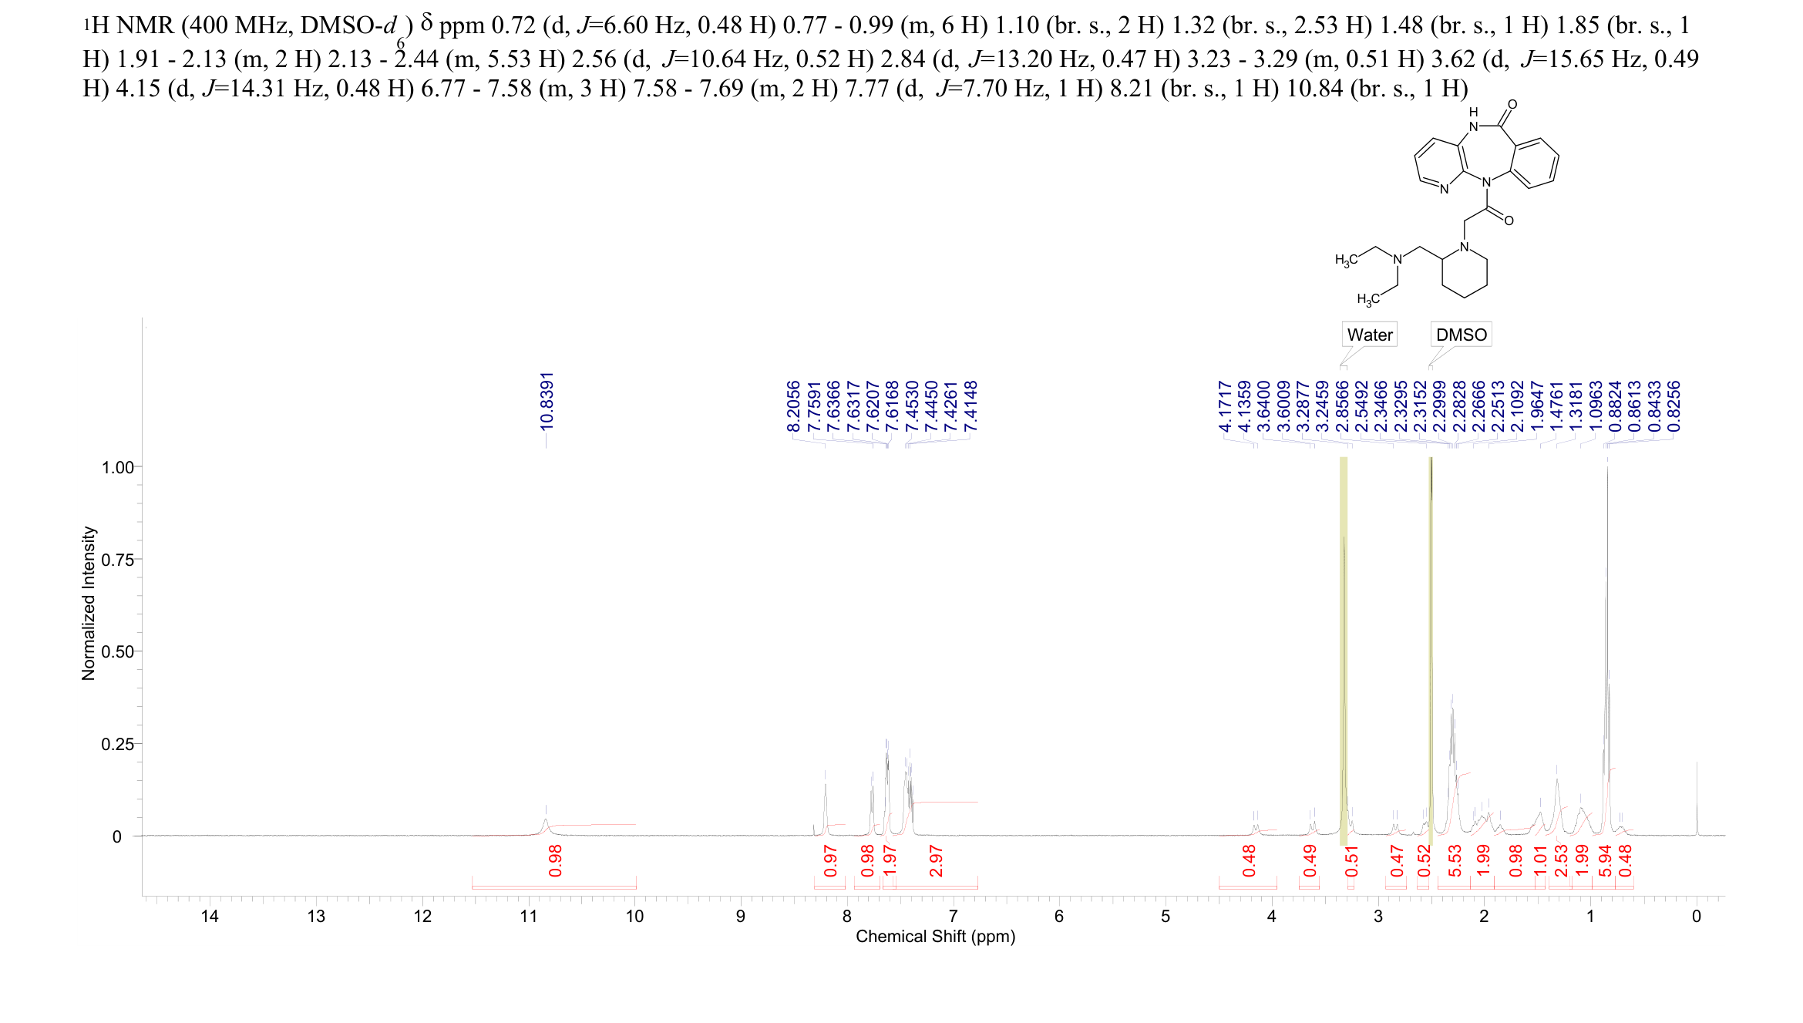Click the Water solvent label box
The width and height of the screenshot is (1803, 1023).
click(x=1369, y=335)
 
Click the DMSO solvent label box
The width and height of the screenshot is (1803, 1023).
click(x=1461, y=335)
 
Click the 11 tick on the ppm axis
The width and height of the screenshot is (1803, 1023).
click(x=528, y=916)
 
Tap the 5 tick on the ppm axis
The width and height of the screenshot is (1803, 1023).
click(x=1165, y=916)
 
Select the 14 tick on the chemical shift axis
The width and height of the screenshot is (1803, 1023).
click(x=210, y=916)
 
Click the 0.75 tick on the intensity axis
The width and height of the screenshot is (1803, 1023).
click(x=117, y=560)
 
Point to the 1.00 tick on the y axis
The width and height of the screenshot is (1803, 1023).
click(x=117, y=467)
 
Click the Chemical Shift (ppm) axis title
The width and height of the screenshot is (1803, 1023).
click(x=935, y=937)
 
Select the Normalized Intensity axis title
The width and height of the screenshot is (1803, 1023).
click(x=89, y=603)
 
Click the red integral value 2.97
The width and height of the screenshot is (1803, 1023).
click(x=936, y=860)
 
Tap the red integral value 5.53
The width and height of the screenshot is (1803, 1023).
click(x=1455, y=860)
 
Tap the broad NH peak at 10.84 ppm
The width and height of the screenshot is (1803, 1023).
click(x=546, y=820)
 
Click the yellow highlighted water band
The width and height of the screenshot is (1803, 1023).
click(x=1344, y=648)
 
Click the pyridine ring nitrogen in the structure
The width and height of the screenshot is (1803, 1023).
click(x=1444, y=189)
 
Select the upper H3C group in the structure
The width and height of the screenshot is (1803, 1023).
click(x=1347, y=261)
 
